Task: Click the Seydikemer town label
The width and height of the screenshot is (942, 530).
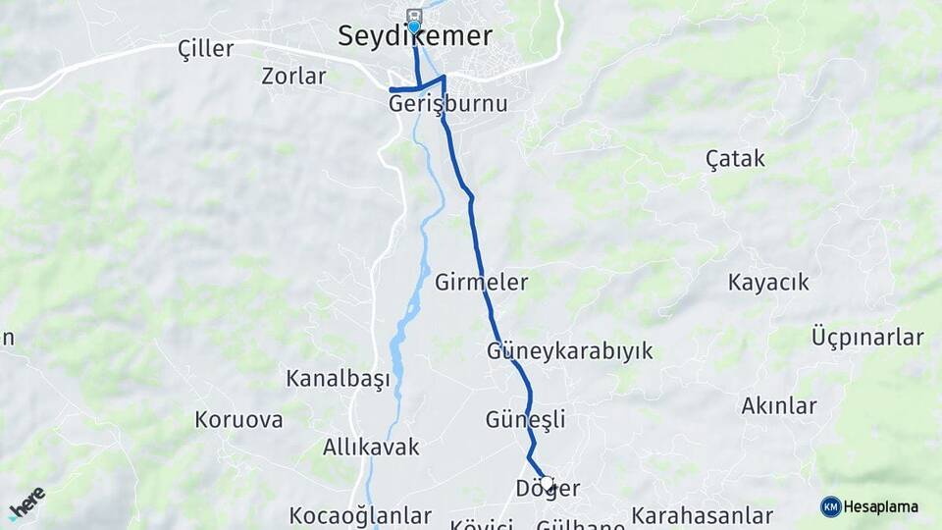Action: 414,36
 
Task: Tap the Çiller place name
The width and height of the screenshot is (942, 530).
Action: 205,49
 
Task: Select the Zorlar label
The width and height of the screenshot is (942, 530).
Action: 293,76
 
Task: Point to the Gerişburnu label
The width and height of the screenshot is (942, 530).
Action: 448,103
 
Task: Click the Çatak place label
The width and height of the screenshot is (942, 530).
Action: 735,158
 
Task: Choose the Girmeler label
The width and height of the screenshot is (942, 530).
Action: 481,283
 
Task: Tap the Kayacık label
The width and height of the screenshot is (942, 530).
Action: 768,283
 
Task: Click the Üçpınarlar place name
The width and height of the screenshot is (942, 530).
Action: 867,338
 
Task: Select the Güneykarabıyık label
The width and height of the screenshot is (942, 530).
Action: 569,351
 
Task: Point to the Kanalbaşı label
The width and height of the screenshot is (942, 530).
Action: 338,378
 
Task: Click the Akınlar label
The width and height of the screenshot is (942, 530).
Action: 779,405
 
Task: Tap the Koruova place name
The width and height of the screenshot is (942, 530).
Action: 238,420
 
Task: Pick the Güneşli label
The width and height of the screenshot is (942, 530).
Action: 525,420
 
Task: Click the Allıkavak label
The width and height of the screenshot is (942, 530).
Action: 371,448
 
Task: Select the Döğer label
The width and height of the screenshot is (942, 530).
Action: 548,488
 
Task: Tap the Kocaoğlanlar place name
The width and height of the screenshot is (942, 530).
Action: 360,515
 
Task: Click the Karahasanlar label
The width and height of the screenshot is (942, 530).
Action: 702,515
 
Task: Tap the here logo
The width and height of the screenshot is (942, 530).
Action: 26,503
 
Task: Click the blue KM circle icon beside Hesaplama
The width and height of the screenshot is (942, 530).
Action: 830,506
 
